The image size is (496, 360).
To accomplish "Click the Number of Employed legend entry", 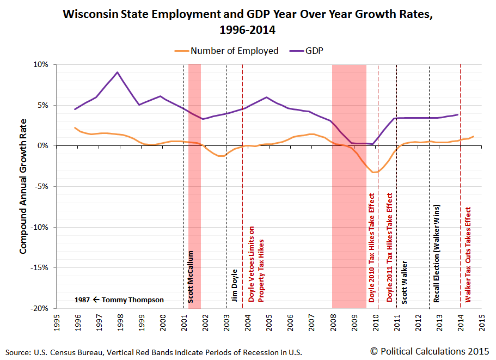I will click(x=234, y=51).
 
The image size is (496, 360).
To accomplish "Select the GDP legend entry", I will click(x=317, y=51).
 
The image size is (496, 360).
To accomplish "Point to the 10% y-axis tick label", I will click(x=40, y=64).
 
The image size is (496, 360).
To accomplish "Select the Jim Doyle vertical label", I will click(x=234, y=285).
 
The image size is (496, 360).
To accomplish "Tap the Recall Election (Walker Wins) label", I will click(x=437, y=253).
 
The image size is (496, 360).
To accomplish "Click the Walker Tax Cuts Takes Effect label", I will click(x=468, y=254).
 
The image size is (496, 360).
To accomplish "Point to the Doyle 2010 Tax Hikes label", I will click(x=372, y=248).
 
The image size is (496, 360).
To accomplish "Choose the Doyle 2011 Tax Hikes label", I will click(x=389, y=248).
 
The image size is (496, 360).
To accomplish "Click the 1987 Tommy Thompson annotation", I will click(x=118, y=300).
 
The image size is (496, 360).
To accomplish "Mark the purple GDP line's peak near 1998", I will click(x=118, y=72).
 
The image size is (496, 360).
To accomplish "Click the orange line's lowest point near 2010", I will click(x=373, y=173).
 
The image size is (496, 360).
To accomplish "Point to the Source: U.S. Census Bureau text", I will click(x=54, y=352).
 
